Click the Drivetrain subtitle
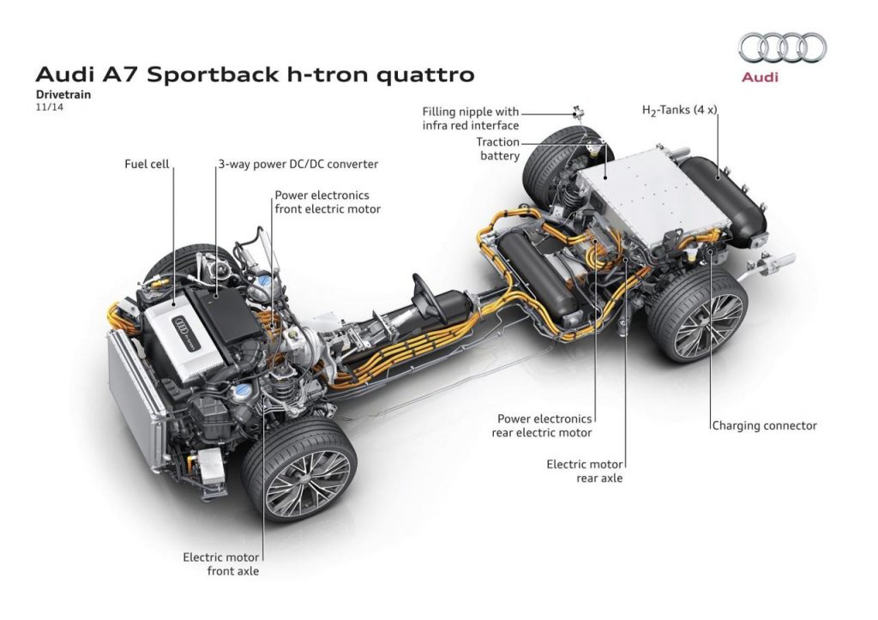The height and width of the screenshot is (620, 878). pyautogui.click(x=63, y=96)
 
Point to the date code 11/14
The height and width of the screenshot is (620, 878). pyautogui.click(x=48, y=110)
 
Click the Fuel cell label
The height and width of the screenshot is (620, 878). pyautogui.click(x=147, y=162)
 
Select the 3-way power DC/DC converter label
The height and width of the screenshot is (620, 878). pyautogui.click(x=298, y=162)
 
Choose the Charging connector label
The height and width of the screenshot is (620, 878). pyautogui.click(x=764, y=424)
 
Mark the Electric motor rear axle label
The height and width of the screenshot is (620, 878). pyautogui.click(x=585, y=471)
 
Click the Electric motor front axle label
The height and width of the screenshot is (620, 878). pyautogui.click(x=220, y=563)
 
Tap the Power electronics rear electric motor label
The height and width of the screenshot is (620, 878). pyautogui.click(x=544, y=425)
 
